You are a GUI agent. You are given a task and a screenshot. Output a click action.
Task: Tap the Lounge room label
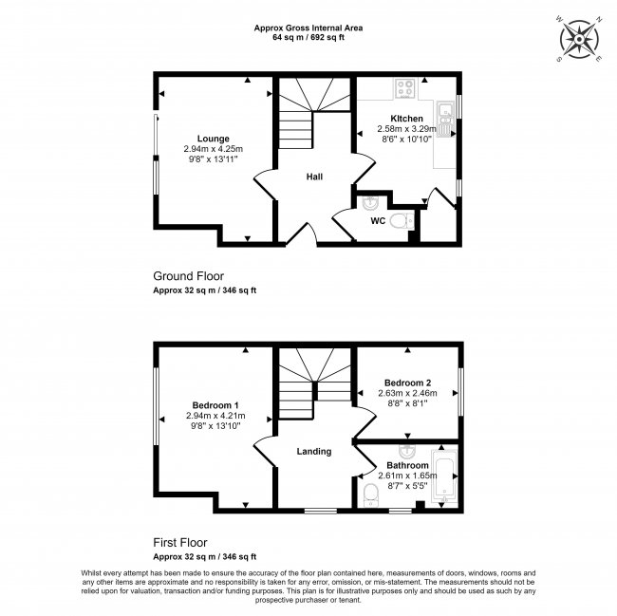click(214, 139)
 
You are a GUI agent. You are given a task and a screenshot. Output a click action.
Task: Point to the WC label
click(377, 221)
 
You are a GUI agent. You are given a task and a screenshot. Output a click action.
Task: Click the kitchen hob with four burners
click(404, 88)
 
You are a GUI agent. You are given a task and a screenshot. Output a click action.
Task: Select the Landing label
click(313, 451)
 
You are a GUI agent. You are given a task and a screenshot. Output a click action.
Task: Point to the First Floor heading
click(184, 543)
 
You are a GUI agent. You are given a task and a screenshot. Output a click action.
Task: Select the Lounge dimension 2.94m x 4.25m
click(214, 149)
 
